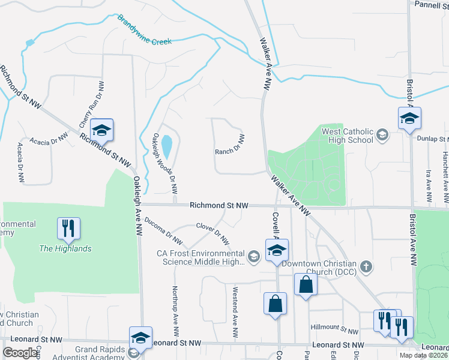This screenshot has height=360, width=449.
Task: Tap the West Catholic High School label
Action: [348, 136]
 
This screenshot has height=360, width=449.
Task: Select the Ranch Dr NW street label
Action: [230, 145]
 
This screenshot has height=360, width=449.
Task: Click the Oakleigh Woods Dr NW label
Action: [164, 163]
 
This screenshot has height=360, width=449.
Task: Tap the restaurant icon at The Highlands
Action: [68, 228]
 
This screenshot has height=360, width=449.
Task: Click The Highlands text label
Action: [65, 248]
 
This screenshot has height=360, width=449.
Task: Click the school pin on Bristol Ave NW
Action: [409, 118]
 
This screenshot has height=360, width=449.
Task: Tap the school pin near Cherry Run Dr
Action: [102, 130]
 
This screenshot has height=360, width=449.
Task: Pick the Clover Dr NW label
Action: [213, 234]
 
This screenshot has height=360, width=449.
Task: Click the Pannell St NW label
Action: [432, 4]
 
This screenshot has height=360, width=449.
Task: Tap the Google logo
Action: [20, 352]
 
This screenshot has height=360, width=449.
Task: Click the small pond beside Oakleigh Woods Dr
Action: [167, 145]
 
